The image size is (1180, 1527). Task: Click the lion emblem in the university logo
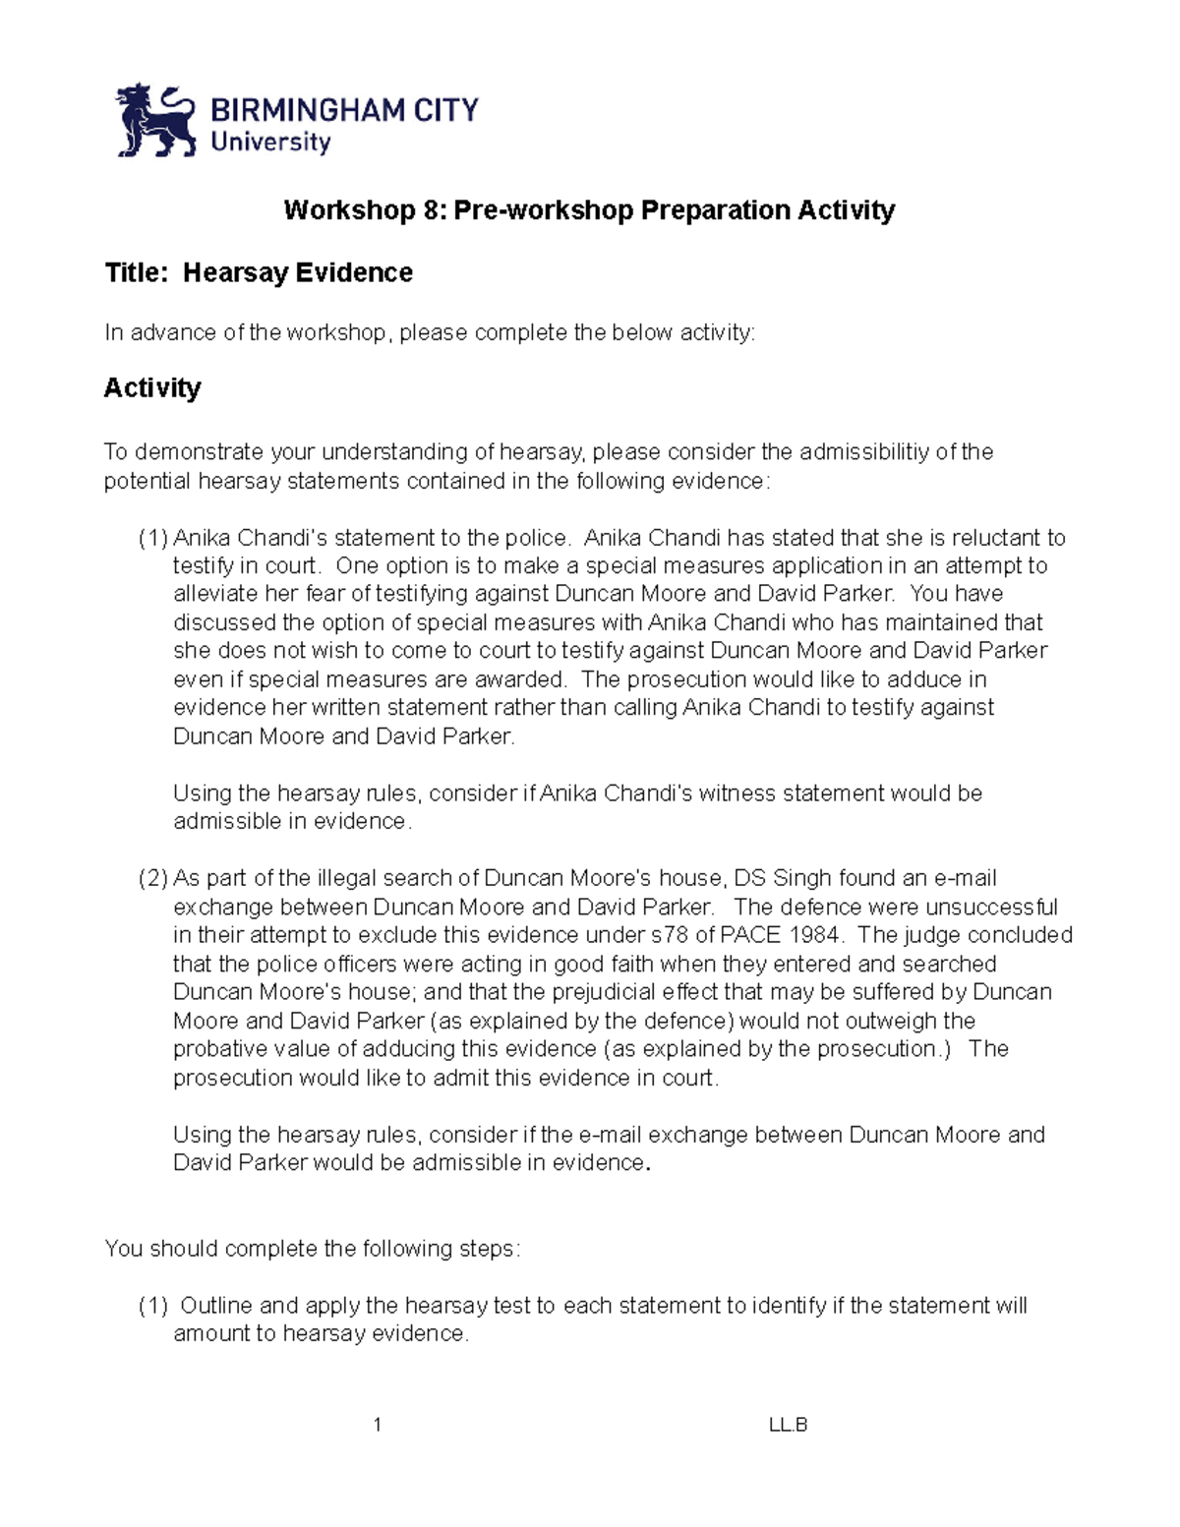click(x=156, y=120)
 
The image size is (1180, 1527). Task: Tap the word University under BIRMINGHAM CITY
click(x=270, y=143)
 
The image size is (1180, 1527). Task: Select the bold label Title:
click(x=137, y=272)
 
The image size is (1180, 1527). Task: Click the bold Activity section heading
click(x=152, y=387)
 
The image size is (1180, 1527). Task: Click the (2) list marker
click(x=153, y=878)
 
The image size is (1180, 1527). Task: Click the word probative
click(x=216, y=1049)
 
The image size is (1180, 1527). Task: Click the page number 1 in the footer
click(x=378, y=1425)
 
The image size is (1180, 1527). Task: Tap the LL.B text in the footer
click(x=788, y=1425)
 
